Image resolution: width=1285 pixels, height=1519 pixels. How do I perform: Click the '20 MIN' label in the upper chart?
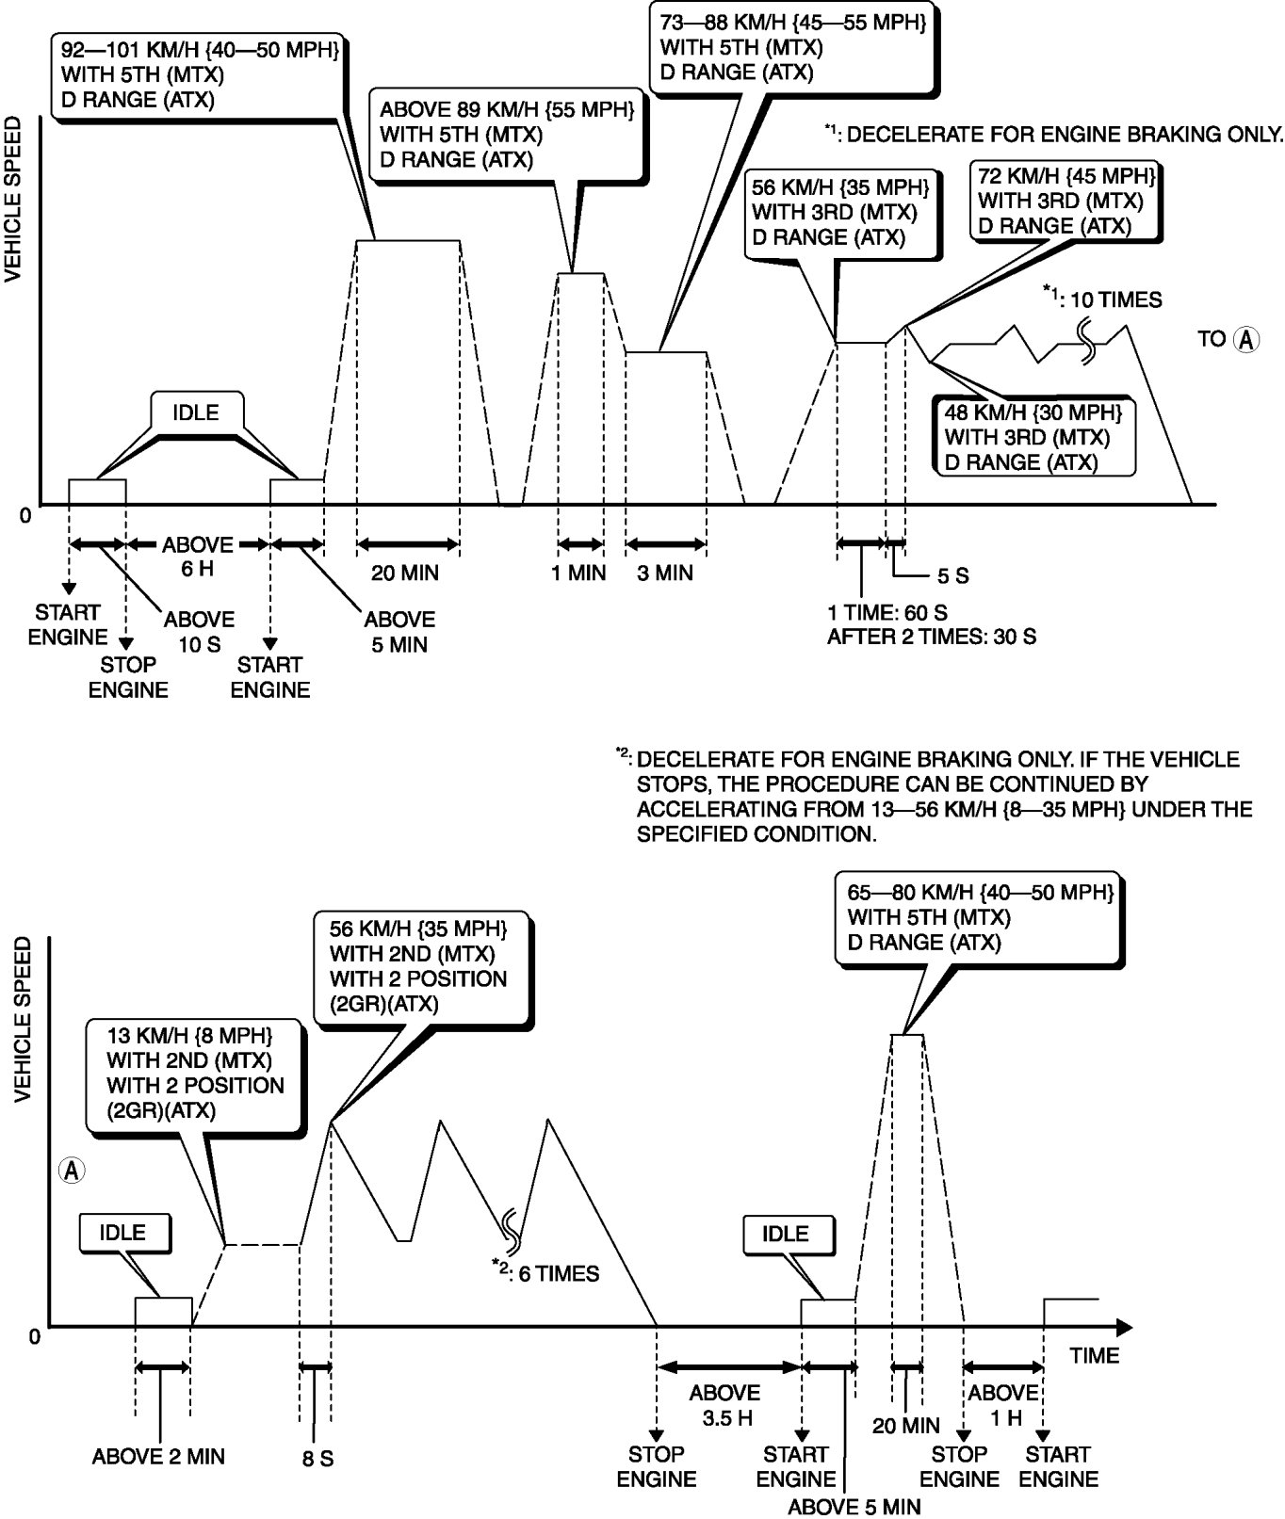(x=405, y=573)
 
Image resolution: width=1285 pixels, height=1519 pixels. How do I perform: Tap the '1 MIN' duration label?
(x=579, y=573)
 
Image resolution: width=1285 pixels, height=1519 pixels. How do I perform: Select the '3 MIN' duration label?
(x=665, y=573)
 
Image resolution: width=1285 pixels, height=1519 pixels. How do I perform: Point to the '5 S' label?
(x=952, y=575)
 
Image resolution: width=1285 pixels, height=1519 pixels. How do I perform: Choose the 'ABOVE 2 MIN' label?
(x=158, y=1457)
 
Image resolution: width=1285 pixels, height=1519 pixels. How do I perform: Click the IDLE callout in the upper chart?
(x=196, y=412)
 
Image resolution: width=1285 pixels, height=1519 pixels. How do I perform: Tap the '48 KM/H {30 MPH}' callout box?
(x=1033, y=437)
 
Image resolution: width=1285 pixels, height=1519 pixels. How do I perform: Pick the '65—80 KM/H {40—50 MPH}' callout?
(x=980, y=916)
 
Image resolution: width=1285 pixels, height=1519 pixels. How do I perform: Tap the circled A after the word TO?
(x=1245, y=339)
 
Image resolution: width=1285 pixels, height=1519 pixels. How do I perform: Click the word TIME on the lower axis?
(x=1095, y=1355)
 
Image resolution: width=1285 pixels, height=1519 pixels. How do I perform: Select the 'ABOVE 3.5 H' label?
(x=724, y=1404)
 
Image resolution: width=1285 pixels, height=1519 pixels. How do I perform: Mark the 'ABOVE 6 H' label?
(x=198, y=557)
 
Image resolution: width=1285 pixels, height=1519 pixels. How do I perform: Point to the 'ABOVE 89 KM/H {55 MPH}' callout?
(x=500, y=133)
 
